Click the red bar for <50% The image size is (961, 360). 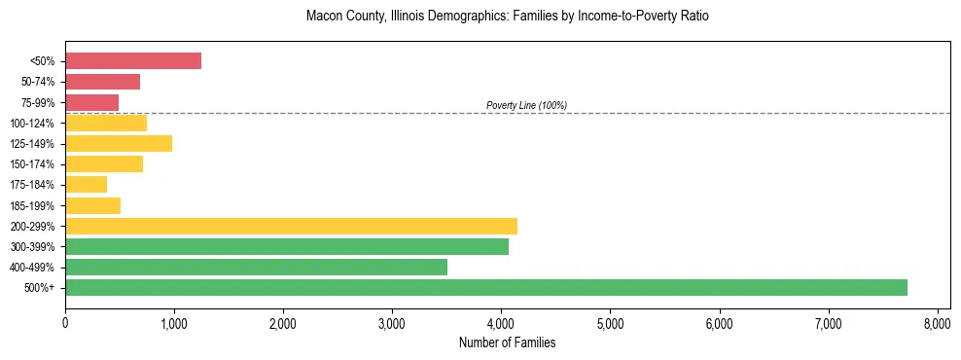point(133,61)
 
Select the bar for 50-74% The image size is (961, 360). point(102,82)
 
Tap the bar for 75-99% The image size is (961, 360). point(91,102)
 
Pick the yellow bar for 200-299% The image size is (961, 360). point(291,226)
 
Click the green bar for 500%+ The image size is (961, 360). point(485,287)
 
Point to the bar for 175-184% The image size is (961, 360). point(86,185)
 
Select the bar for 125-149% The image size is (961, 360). point(119,143)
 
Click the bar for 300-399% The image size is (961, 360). point(287,246)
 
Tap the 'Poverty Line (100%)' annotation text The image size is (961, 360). point(526,105)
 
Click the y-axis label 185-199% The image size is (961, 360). point(36,205)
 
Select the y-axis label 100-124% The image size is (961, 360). point(36,123)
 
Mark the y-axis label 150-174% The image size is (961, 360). point(36,164)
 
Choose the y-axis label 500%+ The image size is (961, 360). point(41,288)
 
